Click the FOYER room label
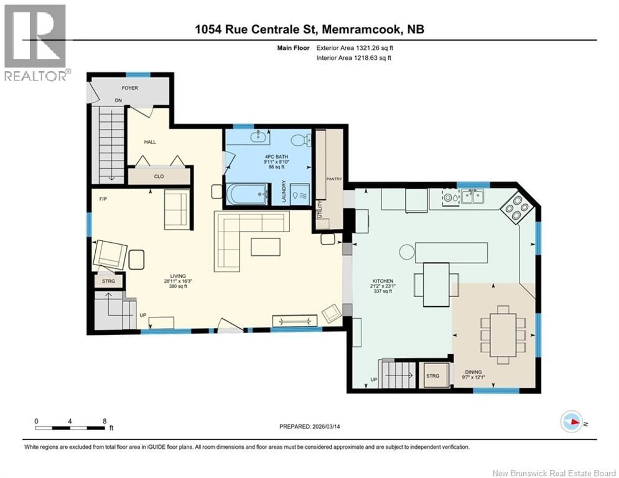[130, 88]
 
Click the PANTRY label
[334, 179]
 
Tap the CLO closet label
[159, 176]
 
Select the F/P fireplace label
[103, 199]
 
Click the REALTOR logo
[35, 43]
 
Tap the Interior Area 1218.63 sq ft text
[354, 58]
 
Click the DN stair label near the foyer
[118, 100]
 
